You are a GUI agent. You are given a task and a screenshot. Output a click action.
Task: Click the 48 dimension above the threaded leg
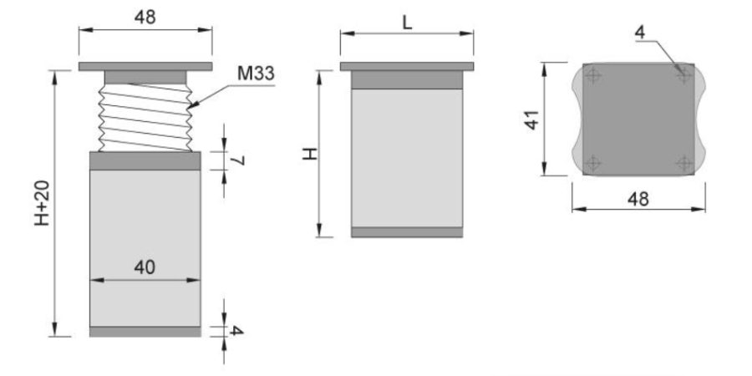coord(145,18)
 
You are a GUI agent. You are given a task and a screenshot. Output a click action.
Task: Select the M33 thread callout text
coord(256,74)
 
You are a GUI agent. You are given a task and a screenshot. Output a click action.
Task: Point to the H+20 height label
coord(43,203)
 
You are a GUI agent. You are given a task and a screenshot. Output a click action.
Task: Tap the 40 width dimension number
coord(145,267)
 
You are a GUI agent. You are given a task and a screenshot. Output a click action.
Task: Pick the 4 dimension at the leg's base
coord(236,331)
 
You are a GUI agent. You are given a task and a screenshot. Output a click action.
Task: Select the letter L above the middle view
coord(407,22)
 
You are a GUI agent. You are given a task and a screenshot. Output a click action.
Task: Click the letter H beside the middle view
coord(310,154)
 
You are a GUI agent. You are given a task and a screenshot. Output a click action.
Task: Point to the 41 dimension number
coord(532,119)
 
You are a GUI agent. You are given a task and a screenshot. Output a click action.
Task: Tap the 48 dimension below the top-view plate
coord(638,199)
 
